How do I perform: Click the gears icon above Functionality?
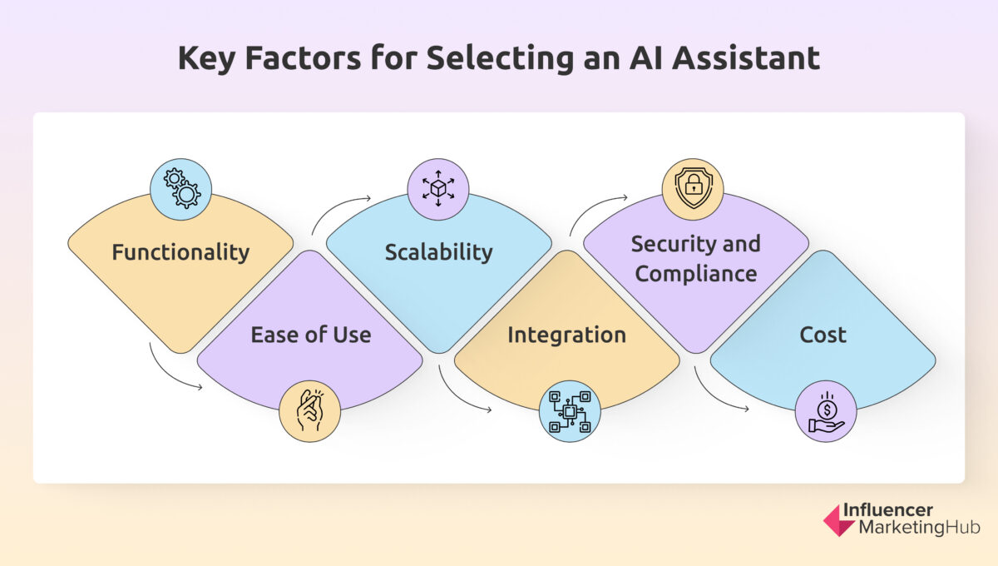coord(180,189)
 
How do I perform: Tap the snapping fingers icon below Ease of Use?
coord(309,410)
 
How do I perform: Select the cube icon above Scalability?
coord(438,189)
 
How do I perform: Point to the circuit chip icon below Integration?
coord(569,410)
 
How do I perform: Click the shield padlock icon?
coord(692,189)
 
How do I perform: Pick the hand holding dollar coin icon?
coord(826,410)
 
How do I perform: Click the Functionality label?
coord(180,252)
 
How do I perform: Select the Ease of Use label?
coord(311,335)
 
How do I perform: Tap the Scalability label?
coord(438,252)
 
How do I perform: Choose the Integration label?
coord(566,335)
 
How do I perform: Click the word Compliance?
coord(695,273)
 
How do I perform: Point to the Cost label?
coord(823,335)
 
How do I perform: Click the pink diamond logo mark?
coord(839,519)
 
